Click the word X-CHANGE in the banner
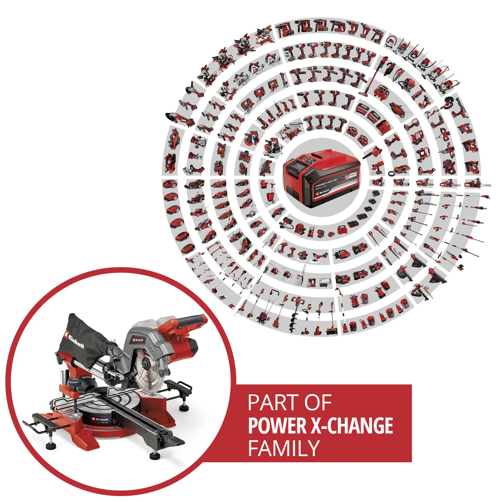point(352,426)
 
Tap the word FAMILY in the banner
point(284,448)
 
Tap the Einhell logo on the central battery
point(322,192)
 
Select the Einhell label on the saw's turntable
point(101,419)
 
